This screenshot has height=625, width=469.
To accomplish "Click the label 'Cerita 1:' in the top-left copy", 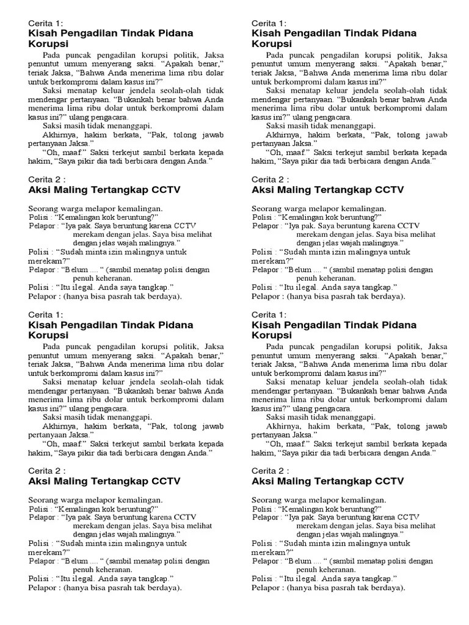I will (46, 23).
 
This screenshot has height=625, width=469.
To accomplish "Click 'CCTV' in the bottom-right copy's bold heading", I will (391, 481).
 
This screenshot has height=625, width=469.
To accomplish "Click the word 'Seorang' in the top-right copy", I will (267, 208).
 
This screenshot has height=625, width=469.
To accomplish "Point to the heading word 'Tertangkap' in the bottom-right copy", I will (339, 481).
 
